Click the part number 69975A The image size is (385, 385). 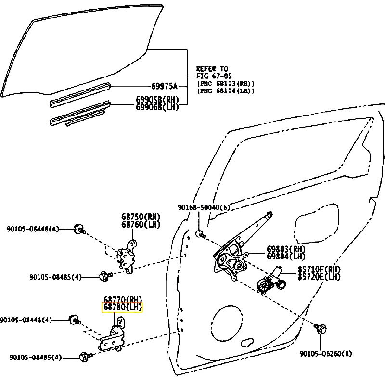point(164,86)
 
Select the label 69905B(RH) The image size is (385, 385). point(157,100)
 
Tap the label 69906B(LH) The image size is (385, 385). point(157,107)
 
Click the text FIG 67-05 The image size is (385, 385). point(214,76)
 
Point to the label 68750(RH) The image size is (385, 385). point(141,217)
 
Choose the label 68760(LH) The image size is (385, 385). point(141,224)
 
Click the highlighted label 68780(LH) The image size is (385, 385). point(122,308)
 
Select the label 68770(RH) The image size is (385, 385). point(123,299)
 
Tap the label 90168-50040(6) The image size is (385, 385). point(204,208)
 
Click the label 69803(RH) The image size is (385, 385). point(286,249)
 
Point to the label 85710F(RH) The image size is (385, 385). point(319,269)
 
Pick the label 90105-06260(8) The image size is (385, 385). point(326,354)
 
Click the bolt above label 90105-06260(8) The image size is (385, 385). point(321,328)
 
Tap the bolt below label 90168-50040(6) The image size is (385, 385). point(200,234)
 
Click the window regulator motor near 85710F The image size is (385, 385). point(271,281)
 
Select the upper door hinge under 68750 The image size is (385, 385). point(127,257)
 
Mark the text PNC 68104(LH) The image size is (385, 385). point(226,90)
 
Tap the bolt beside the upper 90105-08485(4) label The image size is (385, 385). point(105,275)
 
